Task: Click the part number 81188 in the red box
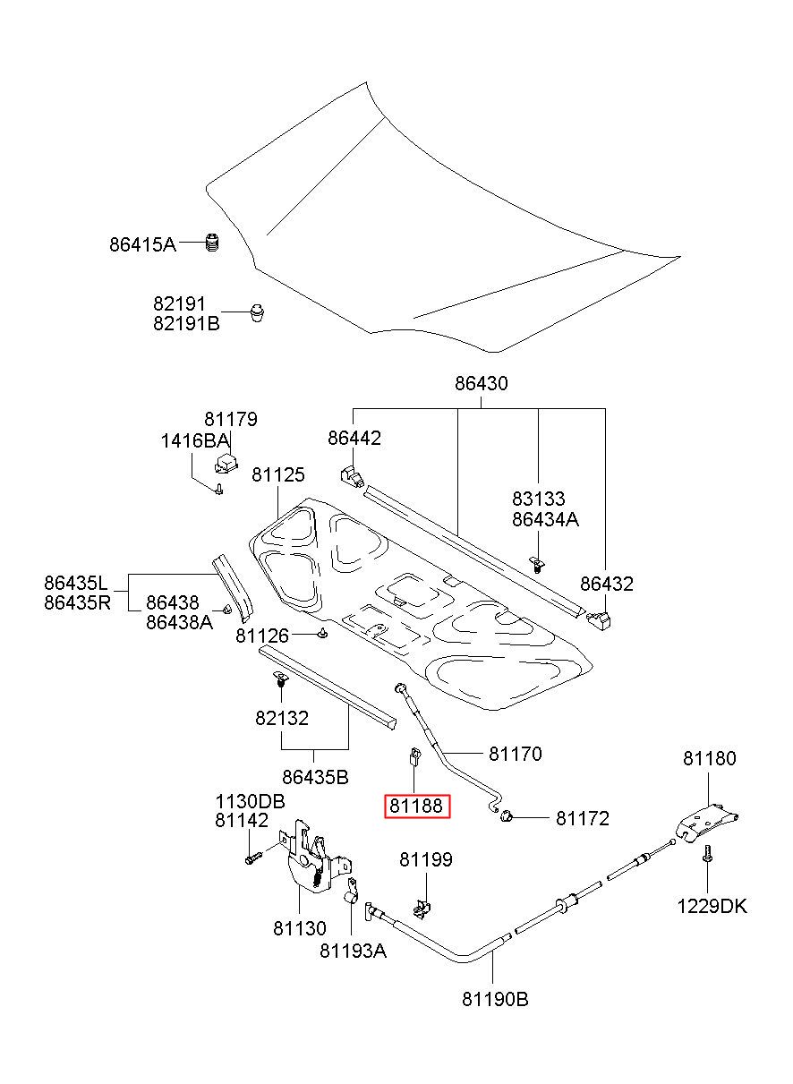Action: point(415,806)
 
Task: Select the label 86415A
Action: point(142,244)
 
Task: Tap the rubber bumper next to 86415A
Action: point(212,242)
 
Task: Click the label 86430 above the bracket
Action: point(481,383)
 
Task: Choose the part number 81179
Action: point(230,419)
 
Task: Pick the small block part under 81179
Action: point(226,462)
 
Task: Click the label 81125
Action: point(278,474)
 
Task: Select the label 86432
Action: point(607,585)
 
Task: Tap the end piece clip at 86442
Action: point(353,476)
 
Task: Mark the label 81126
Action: point(261,636)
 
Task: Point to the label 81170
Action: point(516,754)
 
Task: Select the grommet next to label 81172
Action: point(506,817)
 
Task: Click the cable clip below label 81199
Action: point(422,908)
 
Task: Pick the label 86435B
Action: point(315,777)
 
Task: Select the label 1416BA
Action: point(194,440)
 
